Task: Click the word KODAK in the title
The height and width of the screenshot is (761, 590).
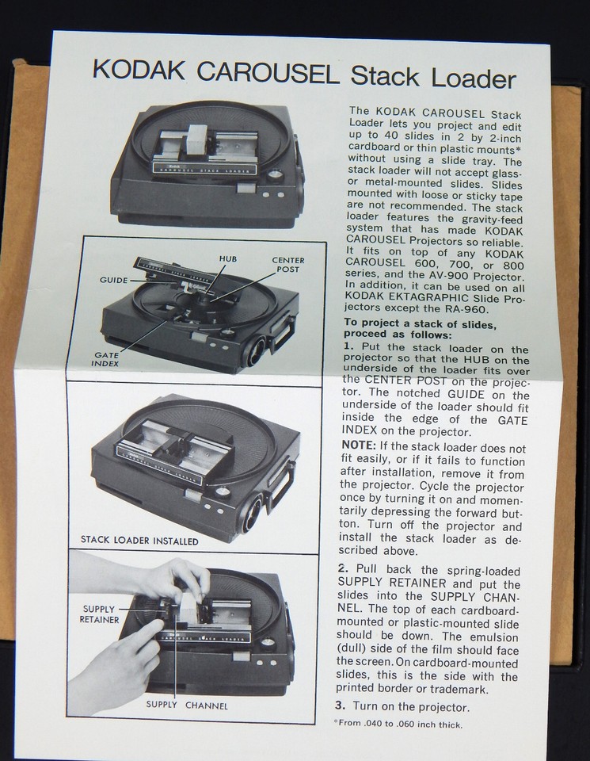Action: pyautogui.click(x=139, y=72)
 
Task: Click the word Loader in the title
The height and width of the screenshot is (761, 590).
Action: pyautogui.click(x=469, y=78)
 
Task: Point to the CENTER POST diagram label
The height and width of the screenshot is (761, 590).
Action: pyautogui.click(x=287, y=266)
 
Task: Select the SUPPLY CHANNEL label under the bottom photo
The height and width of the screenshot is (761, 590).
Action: pyautogui.click(x=187, y=705)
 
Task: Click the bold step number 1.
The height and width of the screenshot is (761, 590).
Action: pyautogui.click(x=348, y=349)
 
